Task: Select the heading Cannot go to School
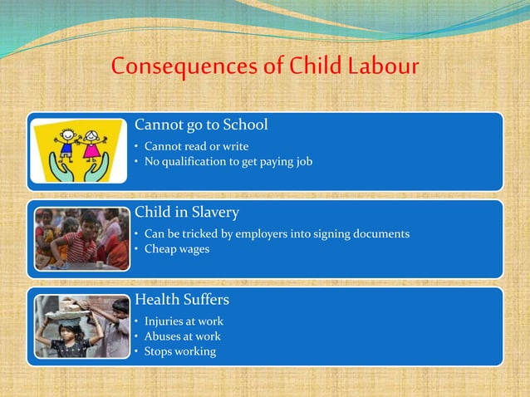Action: (x=201, y=125)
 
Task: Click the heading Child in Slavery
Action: (x=187, y=213)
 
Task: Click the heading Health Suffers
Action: (x=182, y=299)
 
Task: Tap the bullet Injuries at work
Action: (x=184, y=321)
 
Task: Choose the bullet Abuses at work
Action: (x=182, y=336)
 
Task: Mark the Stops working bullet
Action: (x=179, y=350)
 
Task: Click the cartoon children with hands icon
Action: (x=81, y=150)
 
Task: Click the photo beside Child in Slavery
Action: (x=81, y=238)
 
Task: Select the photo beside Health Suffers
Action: (x=81, y=326)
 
